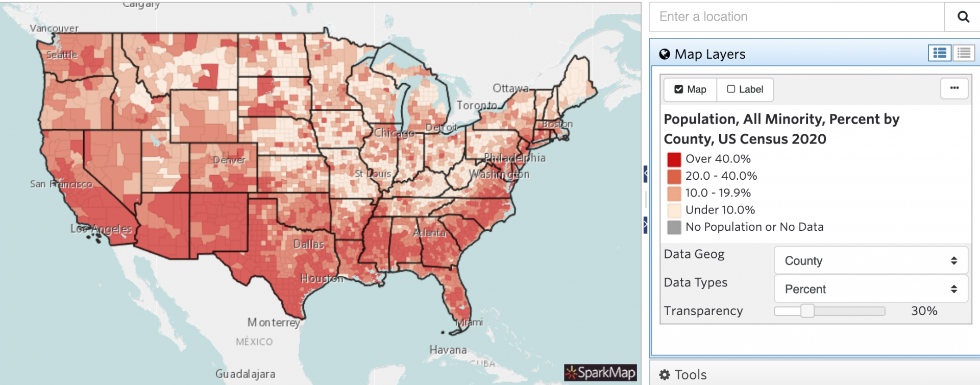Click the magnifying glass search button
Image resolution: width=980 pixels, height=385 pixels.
point(963,17)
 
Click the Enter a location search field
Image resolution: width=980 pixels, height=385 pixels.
point(796,17)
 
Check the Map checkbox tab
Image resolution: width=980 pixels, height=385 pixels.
point(690,89)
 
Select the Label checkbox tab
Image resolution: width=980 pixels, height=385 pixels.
point(745,89)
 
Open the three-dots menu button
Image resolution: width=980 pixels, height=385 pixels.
point(954,88)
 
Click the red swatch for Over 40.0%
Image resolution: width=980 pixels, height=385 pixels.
point(674,159)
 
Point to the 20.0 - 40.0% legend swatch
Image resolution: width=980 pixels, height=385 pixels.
point(674,176)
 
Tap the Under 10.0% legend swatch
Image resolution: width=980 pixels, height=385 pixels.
point(674,210)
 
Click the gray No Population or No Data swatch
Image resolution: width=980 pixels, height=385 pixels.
point(674,227)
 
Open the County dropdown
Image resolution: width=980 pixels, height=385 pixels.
point(870,261)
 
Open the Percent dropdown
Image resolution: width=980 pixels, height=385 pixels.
point(870,289)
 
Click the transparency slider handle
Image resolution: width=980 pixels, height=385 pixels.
point(807,311)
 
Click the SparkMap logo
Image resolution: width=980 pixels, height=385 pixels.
point(600,373)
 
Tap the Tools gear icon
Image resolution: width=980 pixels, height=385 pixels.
point(664,375)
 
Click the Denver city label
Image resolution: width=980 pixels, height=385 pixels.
point(229,160)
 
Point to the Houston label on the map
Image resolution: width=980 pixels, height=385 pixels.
point(322,279)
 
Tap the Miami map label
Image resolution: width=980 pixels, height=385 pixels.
point(469,322)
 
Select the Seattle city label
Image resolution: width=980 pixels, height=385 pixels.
point(62,55)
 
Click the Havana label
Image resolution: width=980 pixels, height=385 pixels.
point(448,350)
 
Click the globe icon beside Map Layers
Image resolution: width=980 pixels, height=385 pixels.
point(664,54)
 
